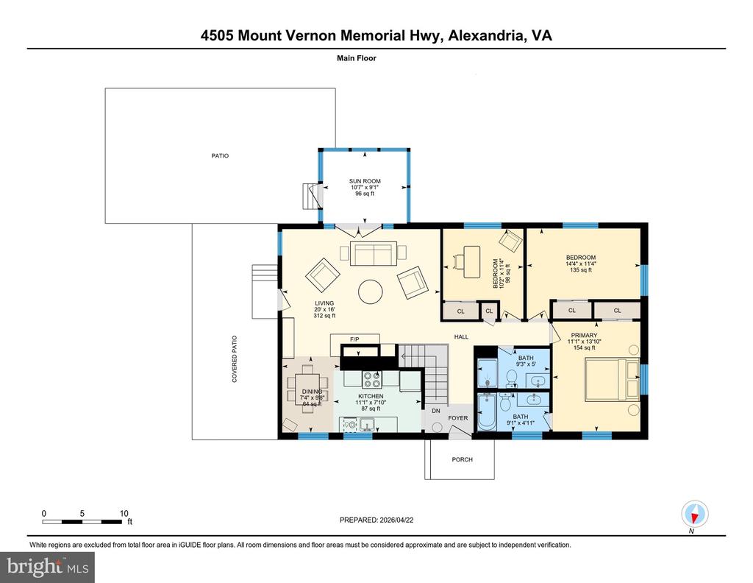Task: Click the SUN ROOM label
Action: [365, 181]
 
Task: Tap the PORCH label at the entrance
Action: [462, 459]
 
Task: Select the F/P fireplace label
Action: [354, 339]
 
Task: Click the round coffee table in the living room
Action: [371, 291]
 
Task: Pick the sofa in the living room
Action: [374, 253]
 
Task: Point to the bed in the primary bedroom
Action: [613, 379]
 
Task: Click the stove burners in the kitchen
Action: [372, 379]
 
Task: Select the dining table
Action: [308, 389]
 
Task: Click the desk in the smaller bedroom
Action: [472, 261]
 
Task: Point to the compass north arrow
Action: [694, 517]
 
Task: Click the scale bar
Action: [82, 521]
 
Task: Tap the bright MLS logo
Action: [48, 567]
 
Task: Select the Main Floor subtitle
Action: [357, 58]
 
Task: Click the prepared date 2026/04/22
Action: [396, 520]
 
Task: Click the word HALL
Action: [462, 337]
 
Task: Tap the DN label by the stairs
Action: [436, 411]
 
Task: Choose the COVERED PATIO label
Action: [235, 359]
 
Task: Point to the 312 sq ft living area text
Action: [324, 316]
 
